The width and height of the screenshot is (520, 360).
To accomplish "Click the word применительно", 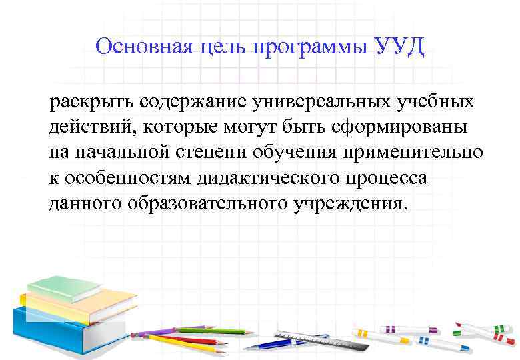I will click(x=415, y=152).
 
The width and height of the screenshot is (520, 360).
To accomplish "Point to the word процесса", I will click(x=385, y=177).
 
